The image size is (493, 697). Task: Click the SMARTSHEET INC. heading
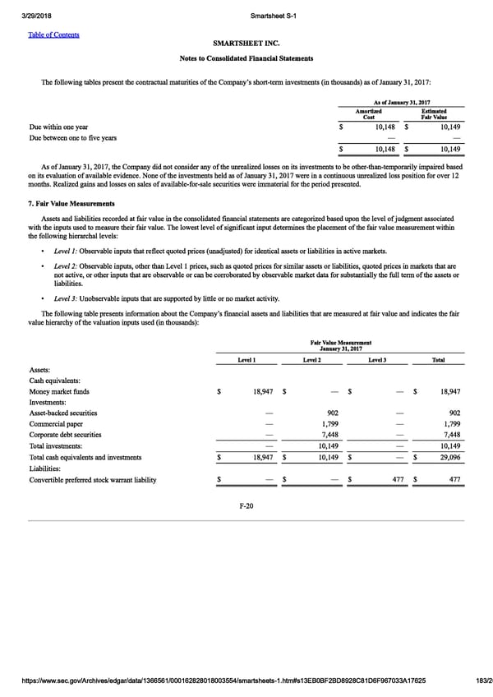246,43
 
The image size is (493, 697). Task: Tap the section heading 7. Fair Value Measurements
71,203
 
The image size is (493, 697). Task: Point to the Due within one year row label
58,127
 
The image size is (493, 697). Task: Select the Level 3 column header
378,360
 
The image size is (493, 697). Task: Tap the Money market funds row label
60,392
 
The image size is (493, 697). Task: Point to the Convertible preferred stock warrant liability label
93,480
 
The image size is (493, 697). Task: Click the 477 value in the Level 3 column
398,480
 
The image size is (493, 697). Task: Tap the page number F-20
246,505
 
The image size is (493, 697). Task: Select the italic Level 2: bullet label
66,266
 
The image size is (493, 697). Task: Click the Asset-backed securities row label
63,413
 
